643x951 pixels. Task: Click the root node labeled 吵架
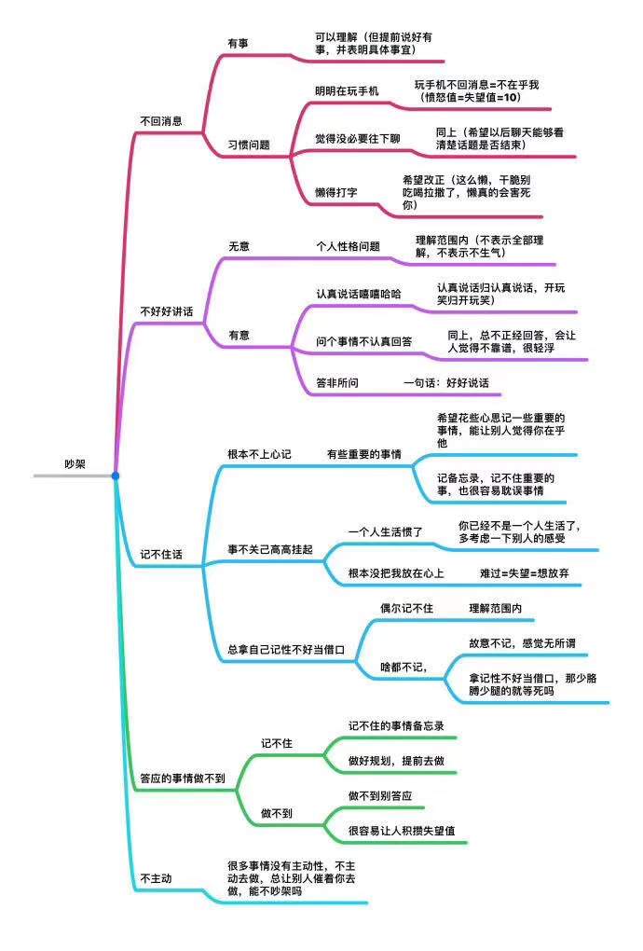[x=75, y=463]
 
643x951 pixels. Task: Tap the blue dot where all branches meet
[x=116, y=475]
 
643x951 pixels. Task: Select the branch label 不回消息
[x=160, y=120]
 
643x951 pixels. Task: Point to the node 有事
[x=239, y=43]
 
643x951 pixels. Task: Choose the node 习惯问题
[x=249, y=145]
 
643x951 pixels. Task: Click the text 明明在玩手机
[x=347, y=91]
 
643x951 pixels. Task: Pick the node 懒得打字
[x=336, y=191]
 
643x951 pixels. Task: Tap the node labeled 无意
[x=239, y=246]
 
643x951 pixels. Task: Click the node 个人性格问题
[x=349, y=246]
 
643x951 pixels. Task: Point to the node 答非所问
[x=337, y=382]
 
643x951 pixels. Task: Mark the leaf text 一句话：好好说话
[x=446, y=382]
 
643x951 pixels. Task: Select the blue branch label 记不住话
[x=160, y=555]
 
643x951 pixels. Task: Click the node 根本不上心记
[x=260, y=454]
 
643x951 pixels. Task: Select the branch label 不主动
[x=156, y=878]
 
